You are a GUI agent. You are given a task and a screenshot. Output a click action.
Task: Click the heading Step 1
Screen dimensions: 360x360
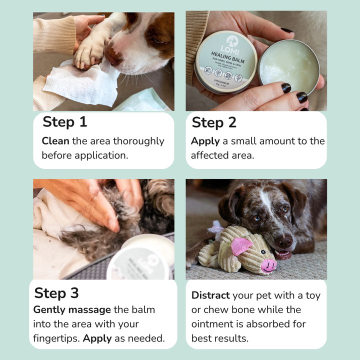[x=65, y=122]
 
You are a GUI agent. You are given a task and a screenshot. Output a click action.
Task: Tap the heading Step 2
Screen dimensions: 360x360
[x=214, y=122]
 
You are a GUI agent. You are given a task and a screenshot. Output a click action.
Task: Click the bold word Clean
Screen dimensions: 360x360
[x=55, y=141]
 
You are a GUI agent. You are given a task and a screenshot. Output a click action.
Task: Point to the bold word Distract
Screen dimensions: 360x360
[x=210, y=295]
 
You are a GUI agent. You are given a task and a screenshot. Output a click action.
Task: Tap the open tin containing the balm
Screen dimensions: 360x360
[x=289, y=66]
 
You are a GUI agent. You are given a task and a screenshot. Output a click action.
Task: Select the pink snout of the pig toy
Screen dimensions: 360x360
[x=268, y=265]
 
